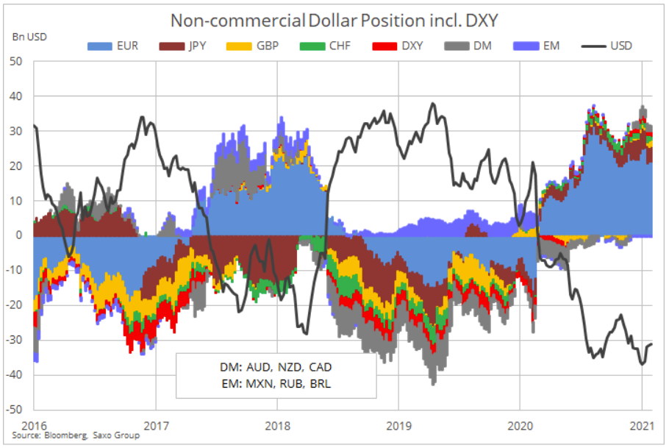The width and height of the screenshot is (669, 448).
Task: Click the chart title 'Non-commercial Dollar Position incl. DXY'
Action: [x=334, y=21]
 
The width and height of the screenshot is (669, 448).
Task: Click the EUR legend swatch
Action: [x=100, y=46]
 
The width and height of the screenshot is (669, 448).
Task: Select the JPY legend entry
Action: [x=182, y=46]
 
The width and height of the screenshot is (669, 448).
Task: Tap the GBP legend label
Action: [x=268, y=46]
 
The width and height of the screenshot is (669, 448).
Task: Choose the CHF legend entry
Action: [x=325, y=46]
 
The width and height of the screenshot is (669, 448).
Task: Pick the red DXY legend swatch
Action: [x=384, y=46]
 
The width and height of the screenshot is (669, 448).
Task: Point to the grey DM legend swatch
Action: [x=457, y=46]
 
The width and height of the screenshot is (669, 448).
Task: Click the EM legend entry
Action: [x=537, y=46]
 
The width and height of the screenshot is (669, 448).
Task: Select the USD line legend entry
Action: [x=607, y=46]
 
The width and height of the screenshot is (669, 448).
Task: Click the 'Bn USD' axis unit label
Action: [x=29, y=38]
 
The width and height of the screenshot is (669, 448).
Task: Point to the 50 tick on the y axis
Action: [x=15, y=62]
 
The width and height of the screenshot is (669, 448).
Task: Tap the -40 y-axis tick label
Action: [x=14, y=375]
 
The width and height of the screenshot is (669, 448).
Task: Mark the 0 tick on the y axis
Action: [x=19, y=235]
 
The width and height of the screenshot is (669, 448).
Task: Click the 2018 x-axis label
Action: [x=277, y=426]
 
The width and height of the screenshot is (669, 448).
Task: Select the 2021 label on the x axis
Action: [x=642, y=426]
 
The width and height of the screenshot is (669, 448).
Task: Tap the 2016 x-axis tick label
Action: [x=34, y=426]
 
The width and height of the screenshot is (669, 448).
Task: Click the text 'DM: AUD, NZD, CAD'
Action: [x=276, y=367]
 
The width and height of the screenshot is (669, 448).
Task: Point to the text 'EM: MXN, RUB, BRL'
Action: [x=276, y=384]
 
